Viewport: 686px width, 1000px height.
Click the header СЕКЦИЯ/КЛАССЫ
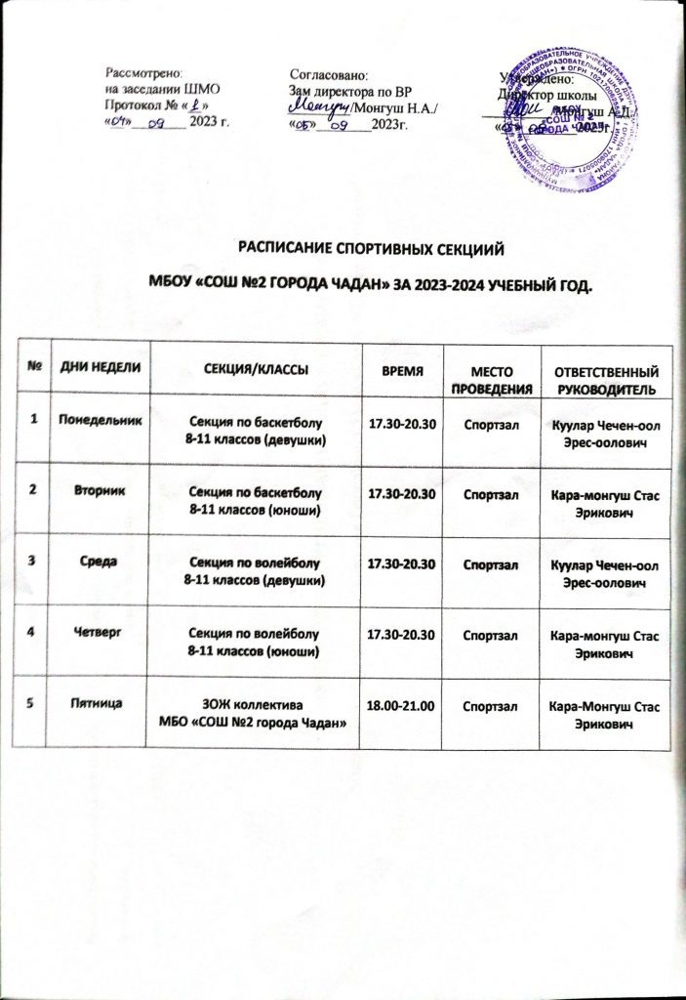tap(255, 368)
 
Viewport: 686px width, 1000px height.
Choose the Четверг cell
tap(101, 631)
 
